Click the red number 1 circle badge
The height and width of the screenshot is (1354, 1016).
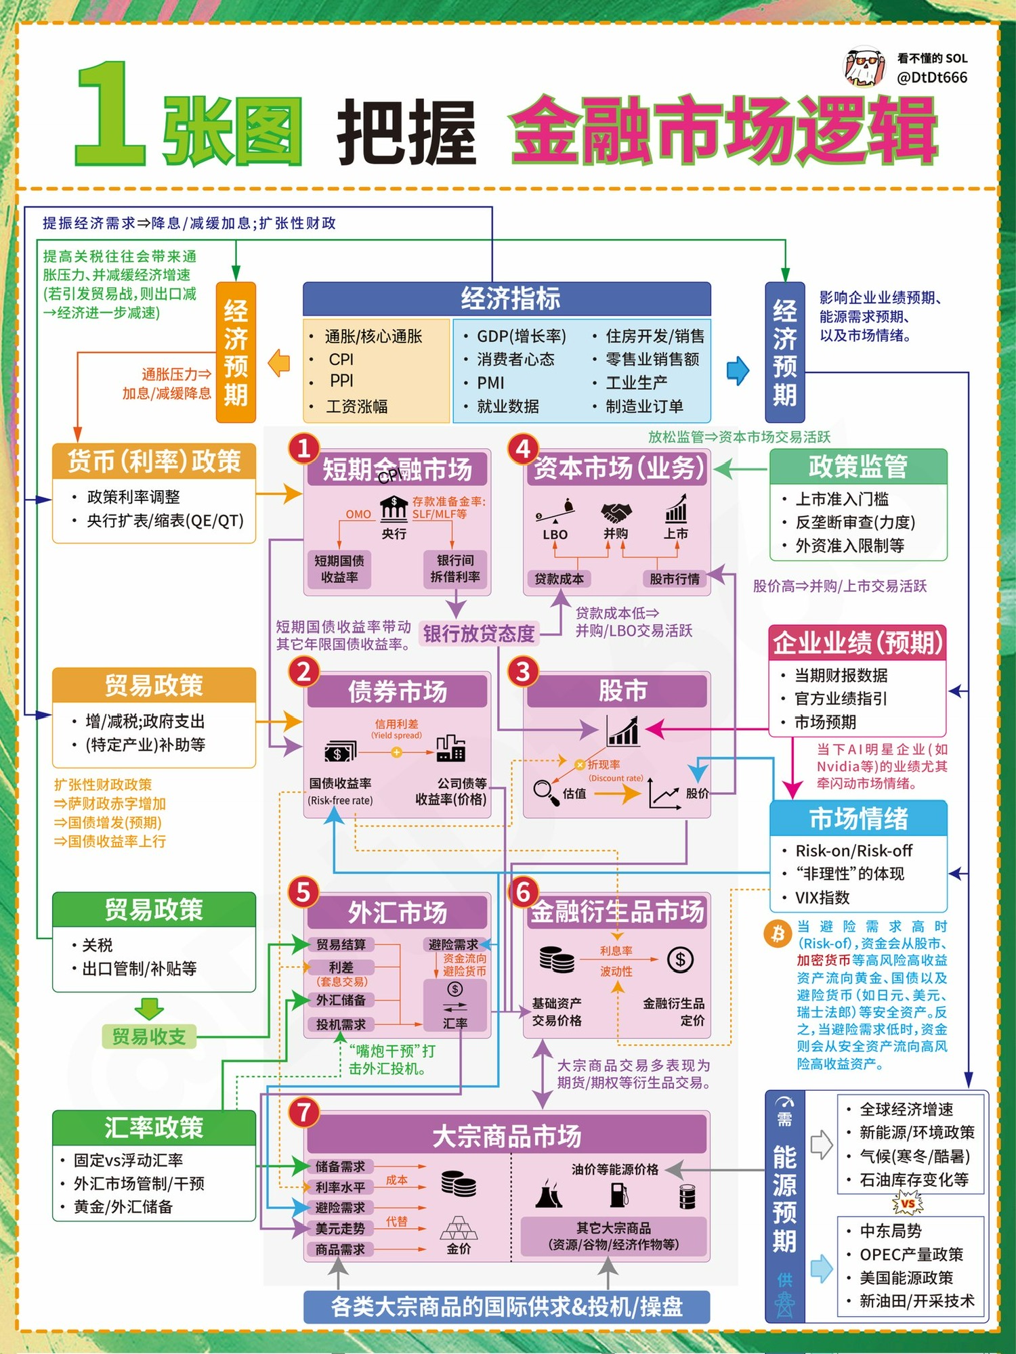(304, 448)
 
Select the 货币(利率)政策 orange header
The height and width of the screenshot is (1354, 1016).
(154, 461)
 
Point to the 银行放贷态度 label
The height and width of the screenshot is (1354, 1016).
(479, 634)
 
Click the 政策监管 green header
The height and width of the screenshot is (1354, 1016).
(858, 466)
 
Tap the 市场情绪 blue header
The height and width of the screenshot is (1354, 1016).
(858, 818)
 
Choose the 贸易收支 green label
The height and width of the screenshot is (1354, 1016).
(149, 1036)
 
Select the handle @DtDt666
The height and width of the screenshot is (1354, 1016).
(932, 78)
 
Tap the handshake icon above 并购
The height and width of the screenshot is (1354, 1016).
(616, 512)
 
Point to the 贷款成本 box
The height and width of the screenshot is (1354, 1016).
(559, 579)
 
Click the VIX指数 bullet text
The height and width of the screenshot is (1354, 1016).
(822, 898)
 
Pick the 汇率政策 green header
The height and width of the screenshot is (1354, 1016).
(154, 1128)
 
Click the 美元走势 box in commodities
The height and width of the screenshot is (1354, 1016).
(340, 1228)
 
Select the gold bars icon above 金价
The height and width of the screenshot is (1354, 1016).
(459, 1226)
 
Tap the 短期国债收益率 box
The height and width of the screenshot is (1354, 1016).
(339, 569)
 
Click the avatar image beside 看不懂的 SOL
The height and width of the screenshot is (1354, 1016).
(864, 67)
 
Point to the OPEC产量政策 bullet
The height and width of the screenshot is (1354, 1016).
(911, 1254)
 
